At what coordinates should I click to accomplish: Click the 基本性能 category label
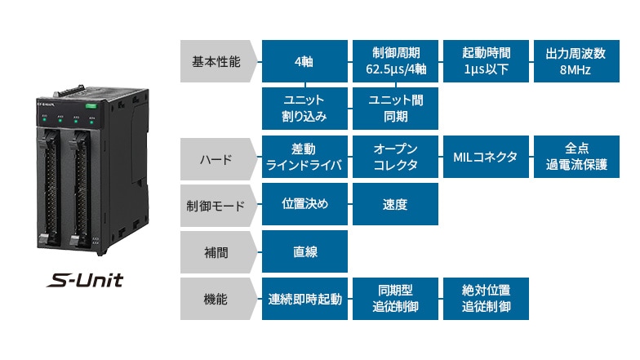pos(216,61)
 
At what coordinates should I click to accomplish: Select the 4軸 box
pos(304,61)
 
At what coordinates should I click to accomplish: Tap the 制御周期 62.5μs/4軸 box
pos(395,61)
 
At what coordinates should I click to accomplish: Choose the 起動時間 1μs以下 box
pos(485,61)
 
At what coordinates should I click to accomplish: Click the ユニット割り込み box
pos(304,108)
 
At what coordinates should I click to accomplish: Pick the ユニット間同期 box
pos(395,108)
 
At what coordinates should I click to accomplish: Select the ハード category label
pos(216,158)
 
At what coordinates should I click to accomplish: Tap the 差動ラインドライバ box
pos(304,158)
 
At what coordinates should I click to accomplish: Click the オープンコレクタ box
pos(395,158)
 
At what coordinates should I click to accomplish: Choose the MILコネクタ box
pos(485,158)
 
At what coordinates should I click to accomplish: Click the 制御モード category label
pos(216,205)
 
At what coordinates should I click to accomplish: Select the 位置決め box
pos(304,205)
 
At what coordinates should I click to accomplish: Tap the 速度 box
pos(395,205)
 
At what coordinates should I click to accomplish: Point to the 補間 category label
pos(216,252)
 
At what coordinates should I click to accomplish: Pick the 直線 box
pos(304,252)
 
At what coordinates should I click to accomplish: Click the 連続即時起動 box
pos(304,299)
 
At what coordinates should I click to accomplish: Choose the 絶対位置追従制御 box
pos(485,299)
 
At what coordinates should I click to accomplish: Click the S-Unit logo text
pos(85,282)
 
